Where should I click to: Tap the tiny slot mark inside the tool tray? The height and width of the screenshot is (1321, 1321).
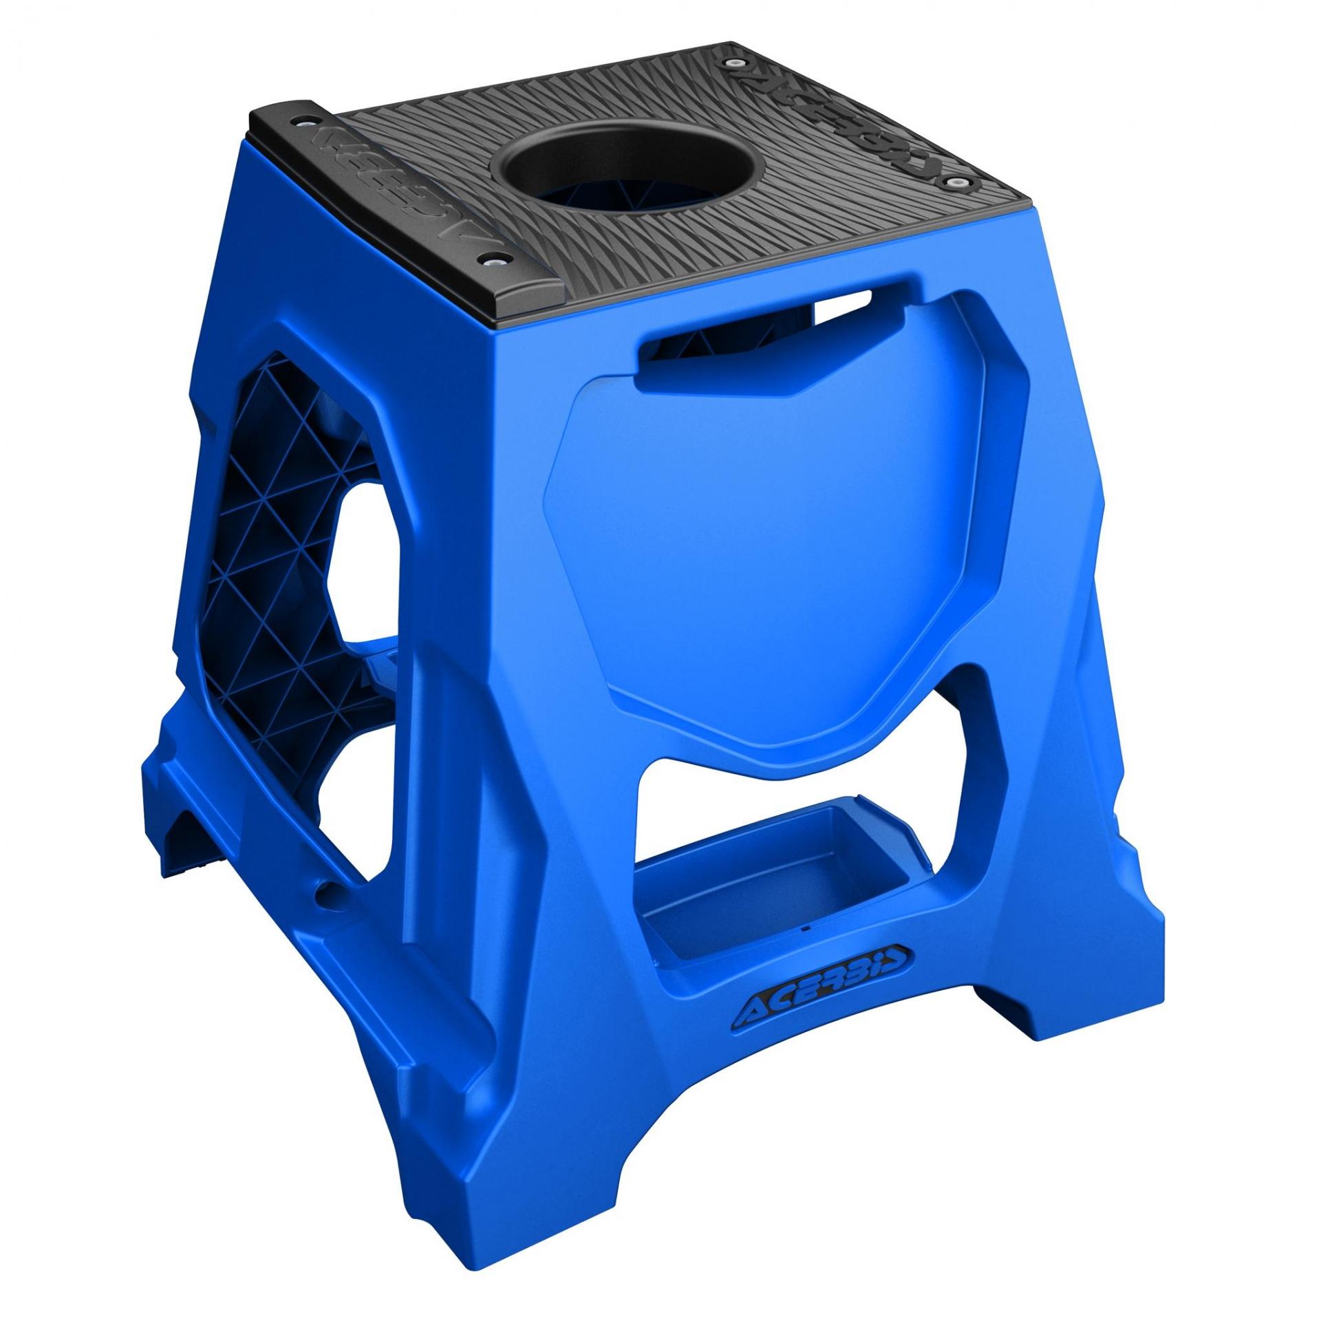click(x=806, y=928)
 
